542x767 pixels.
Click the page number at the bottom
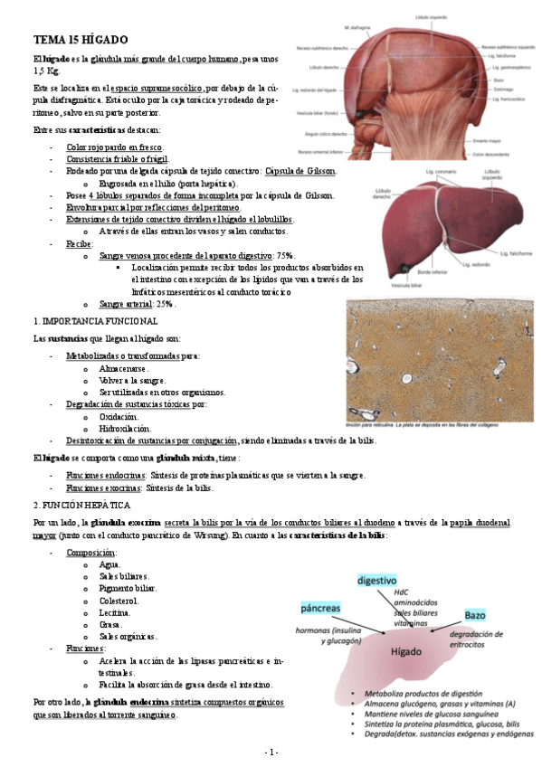(271, 753)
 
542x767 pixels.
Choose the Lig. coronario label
(433, 169)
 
